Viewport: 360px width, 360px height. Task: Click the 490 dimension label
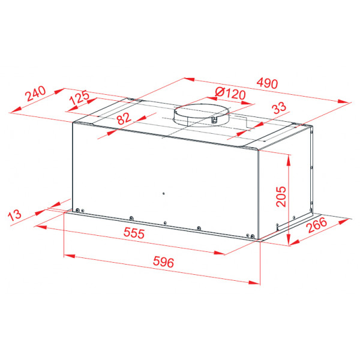267,83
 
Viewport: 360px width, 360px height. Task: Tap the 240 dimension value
35,94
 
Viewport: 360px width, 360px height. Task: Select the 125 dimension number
79,97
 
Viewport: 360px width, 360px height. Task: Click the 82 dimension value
124,118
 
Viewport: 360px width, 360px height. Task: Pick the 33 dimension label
279,107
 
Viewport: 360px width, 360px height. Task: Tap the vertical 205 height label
281,196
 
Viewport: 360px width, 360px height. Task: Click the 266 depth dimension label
317,225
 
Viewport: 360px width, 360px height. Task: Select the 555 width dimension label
134,233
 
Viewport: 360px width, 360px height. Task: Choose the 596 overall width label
163,262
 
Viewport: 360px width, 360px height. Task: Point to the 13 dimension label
14,215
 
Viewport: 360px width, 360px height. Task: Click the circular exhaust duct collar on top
202,115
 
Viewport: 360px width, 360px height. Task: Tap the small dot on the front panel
163,194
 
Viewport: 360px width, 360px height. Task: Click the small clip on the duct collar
214,119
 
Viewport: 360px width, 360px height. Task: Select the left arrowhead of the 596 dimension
70,256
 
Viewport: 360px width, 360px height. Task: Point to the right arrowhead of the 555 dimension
219,253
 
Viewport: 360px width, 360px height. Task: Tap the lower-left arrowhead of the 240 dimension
16,110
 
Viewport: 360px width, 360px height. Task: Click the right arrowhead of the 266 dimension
344,221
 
